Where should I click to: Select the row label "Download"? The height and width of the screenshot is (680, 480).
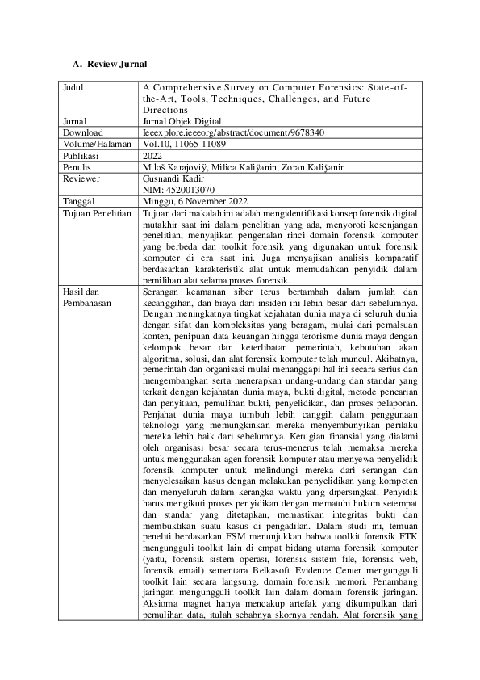(x=82, y=132)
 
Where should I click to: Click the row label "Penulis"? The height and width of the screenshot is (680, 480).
(x=78, y=167)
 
